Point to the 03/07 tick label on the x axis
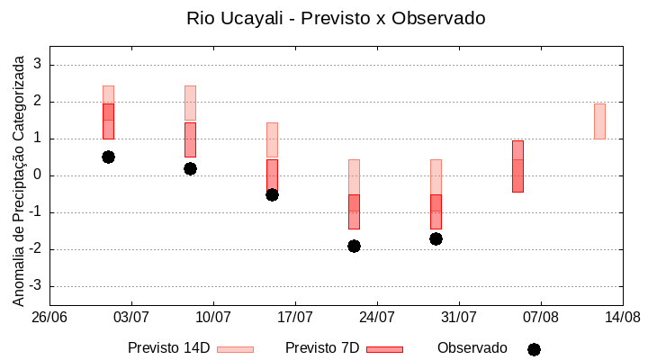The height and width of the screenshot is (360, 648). point(131,317)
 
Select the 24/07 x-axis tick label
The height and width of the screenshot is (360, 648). point(377,317)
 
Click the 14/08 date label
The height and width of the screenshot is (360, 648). point(622,317)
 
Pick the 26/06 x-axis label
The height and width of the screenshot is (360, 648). point(49,317)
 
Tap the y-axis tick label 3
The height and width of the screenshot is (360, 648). point(38,65)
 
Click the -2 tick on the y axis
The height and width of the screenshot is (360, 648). point(35,249)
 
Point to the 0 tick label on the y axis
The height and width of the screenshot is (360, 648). point(38,175)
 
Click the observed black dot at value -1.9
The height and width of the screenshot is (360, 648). point(354,246)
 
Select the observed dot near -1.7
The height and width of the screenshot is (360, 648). point(436,238)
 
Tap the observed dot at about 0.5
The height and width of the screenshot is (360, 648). point(108,157)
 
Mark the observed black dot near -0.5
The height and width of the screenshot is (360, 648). point(272,194)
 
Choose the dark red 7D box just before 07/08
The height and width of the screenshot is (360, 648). point(517,166)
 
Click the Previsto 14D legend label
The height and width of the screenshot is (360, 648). point(168,348)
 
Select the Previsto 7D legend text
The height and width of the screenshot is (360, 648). point(322,348)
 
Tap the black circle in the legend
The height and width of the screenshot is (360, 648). point(534,349)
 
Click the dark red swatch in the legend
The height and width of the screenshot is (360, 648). point(384,349)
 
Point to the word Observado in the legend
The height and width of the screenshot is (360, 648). point(472,348)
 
